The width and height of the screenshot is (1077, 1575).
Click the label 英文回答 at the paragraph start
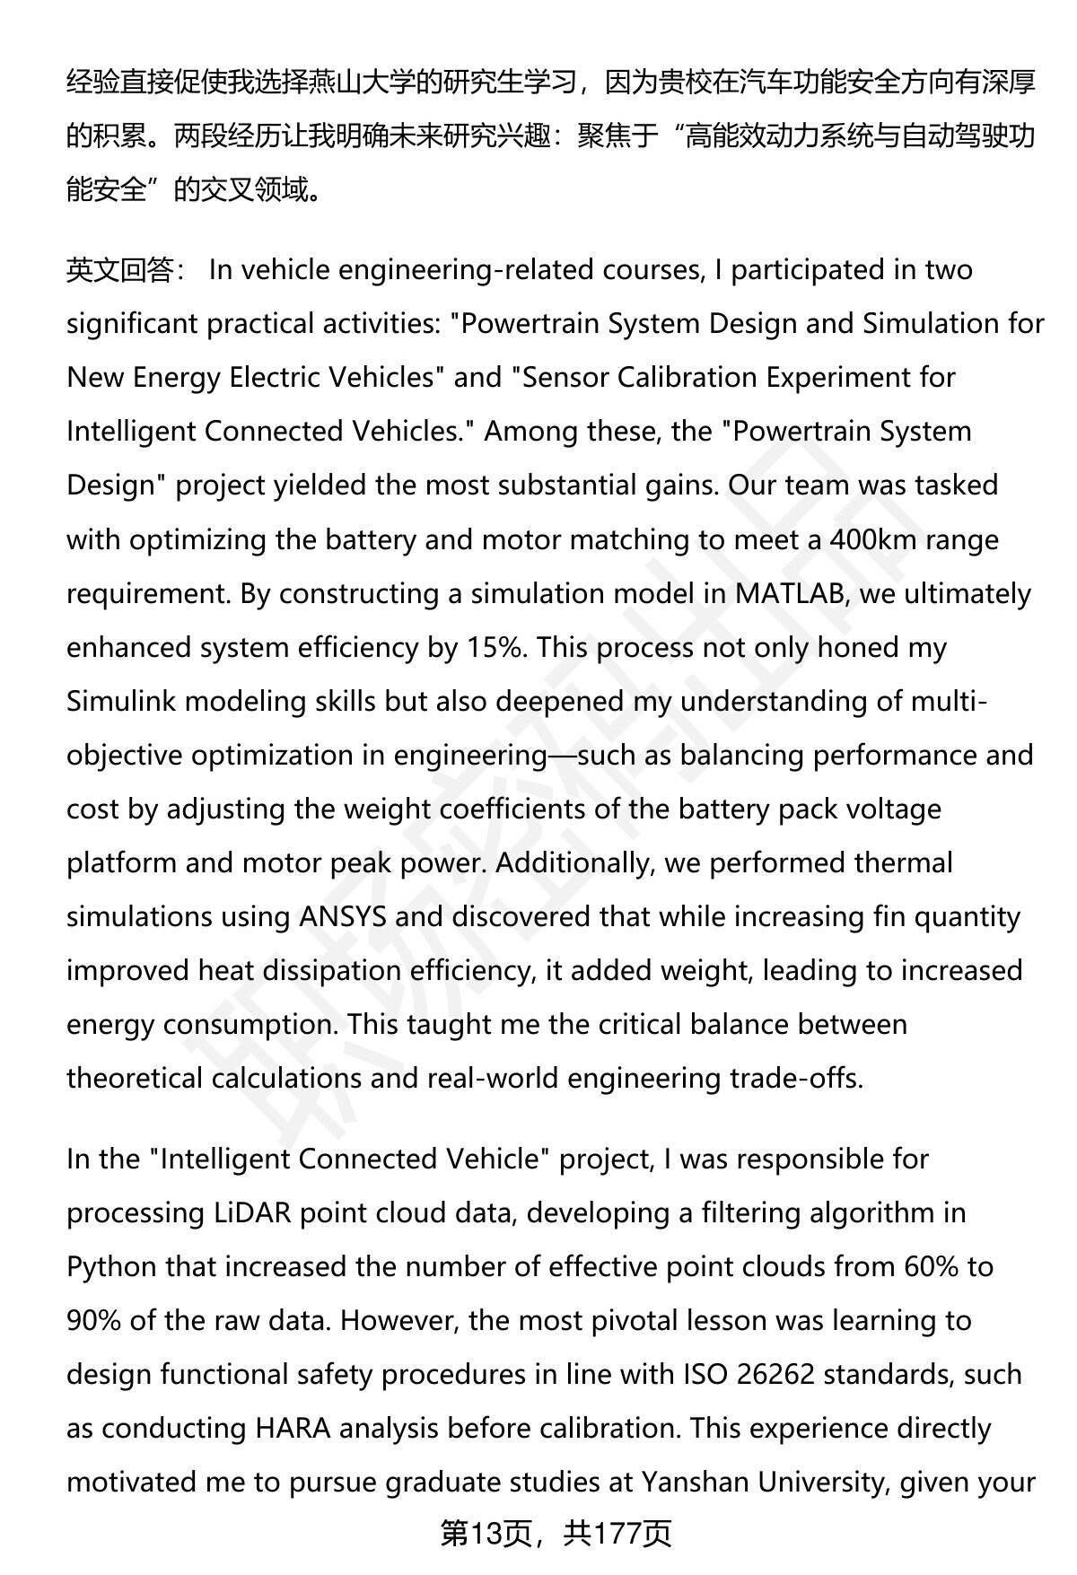tap(119, 270)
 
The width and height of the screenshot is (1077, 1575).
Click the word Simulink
tap(120, 702)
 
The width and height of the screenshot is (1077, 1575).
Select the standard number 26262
tap(778, 1375)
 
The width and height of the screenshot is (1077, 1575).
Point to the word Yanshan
tap(695, 1483)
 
